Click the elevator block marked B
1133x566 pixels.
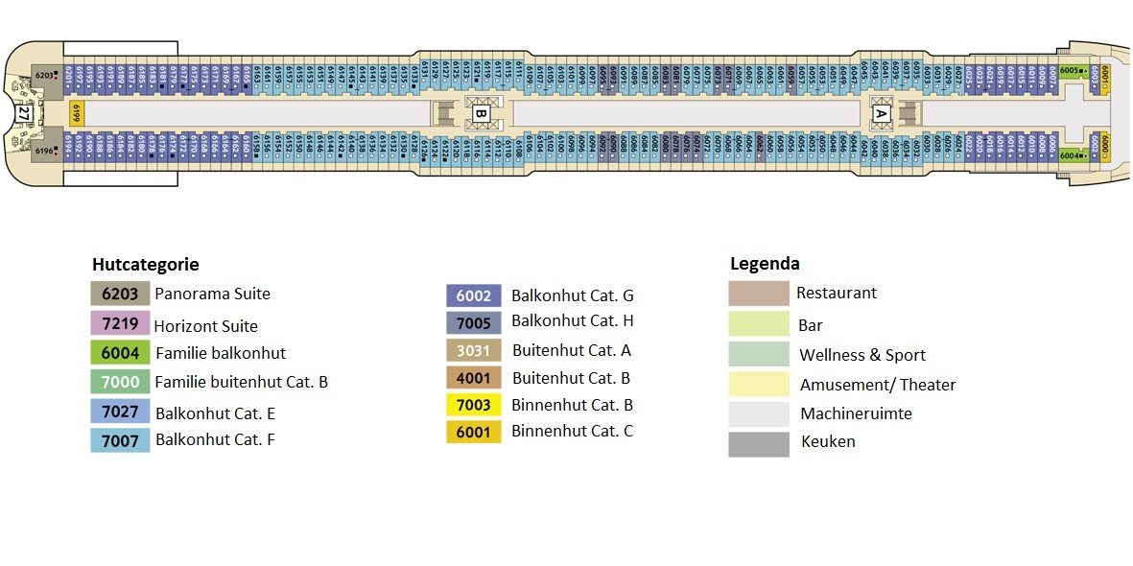[482, 114]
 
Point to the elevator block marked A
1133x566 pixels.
[881, 113]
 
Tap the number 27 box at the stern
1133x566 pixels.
[24, 113]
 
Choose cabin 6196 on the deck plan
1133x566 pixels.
[46, 152]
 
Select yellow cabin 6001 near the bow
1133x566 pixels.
[1105, 76]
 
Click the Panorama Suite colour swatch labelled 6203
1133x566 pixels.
[120, 294]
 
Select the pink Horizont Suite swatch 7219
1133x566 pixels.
[120, 324]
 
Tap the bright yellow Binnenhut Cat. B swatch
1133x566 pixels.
[473, 405]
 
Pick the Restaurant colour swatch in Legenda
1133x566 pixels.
[758, 293]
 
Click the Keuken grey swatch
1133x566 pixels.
[758, 443]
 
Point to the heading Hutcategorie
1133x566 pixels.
[145, 265]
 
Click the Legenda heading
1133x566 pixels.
[765, 264]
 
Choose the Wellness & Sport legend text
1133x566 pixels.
[862, 355]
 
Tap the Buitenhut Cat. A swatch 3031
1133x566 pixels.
[473, 351]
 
